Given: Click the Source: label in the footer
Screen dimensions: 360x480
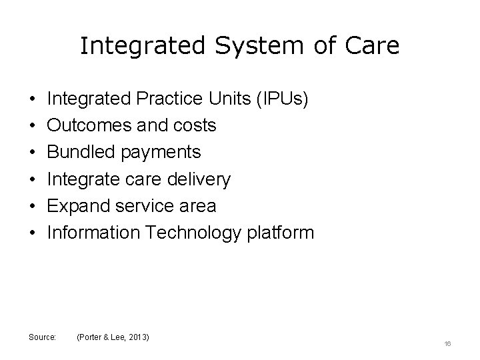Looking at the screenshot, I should [x=43, y=337].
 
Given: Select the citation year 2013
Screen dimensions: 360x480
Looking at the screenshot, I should [x=137, y=337].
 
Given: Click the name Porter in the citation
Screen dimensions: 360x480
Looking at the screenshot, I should [x=91, y=337].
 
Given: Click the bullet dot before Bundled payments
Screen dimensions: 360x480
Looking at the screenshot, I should [x=33, y=153].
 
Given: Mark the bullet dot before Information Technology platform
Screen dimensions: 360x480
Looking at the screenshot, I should [x=33, y=233].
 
